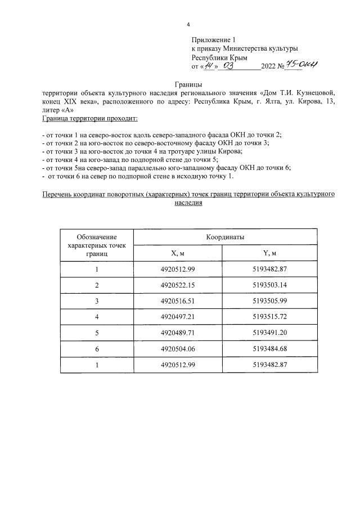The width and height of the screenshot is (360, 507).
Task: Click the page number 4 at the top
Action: point(188,24)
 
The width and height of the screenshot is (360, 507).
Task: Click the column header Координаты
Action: point(224,238)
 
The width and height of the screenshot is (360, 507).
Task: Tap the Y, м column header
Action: point(271,254)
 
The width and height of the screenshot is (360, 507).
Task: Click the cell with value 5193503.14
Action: point(271,285)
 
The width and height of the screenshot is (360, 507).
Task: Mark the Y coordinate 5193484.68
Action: point(271,348)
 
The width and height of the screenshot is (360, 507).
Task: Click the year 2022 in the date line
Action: point(269,66)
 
